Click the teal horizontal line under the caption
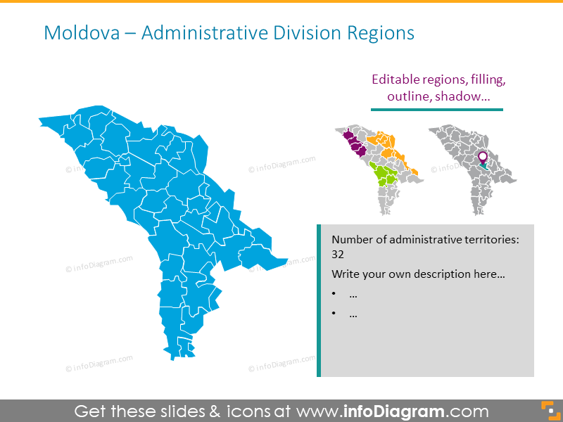tap(437, 110)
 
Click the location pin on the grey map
tap(483, 158)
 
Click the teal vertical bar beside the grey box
tap(319, 300)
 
